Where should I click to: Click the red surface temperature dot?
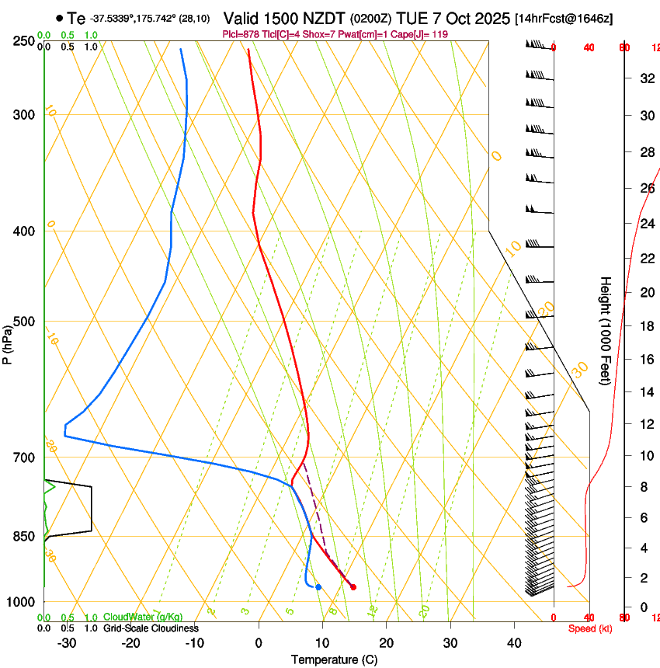(x=353, y=587)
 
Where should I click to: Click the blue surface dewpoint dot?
(x=318, y=586)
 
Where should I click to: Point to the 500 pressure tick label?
(x=25, y=322)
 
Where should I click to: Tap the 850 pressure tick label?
(x=25, y=537)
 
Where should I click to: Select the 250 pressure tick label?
(x=25, y=41)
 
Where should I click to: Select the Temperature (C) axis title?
(x=334, y=659)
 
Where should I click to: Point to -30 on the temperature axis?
(x=67, y=642)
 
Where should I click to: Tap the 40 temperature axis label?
(x=514, y=642)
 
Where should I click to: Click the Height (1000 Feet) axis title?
(x=606, y=330)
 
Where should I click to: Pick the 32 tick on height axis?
(x=645, y=78)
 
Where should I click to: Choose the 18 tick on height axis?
(x=645, y=326)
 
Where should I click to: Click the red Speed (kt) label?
(x=589, y=628)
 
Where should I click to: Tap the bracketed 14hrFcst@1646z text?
(x=564, y=19)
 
